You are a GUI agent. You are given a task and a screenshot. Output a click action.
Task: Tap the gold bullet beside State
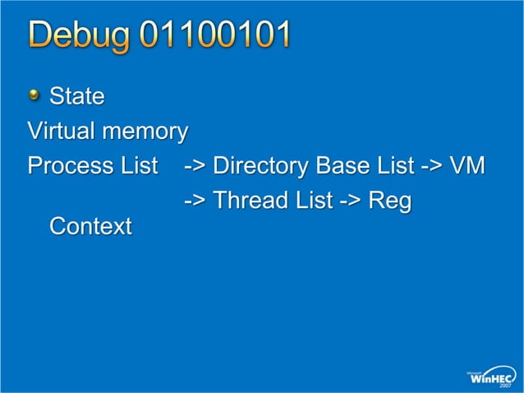click(x=34, y=97)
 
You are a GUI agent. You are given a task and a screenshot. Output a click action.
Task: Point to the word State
click(x=77, y=97)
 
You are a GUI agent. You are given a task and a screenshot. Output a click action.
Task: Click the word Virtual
click(x=58, y=131)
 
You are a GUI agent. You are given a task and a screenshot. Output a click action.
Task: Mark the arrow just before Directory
click(x=195, y=166)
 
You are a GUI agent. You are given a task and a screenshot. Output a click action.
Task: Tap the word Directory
click(x=260, y=166)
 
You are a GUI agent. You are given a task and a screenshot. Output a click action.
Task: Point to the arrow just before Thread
click(x=195, y=201)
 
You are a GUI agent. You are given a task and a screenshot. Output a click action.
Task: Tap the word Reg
click(x=389, y=201)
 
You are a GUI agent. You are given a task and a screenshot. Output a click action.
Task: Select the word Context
click(x=90, y=226)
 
